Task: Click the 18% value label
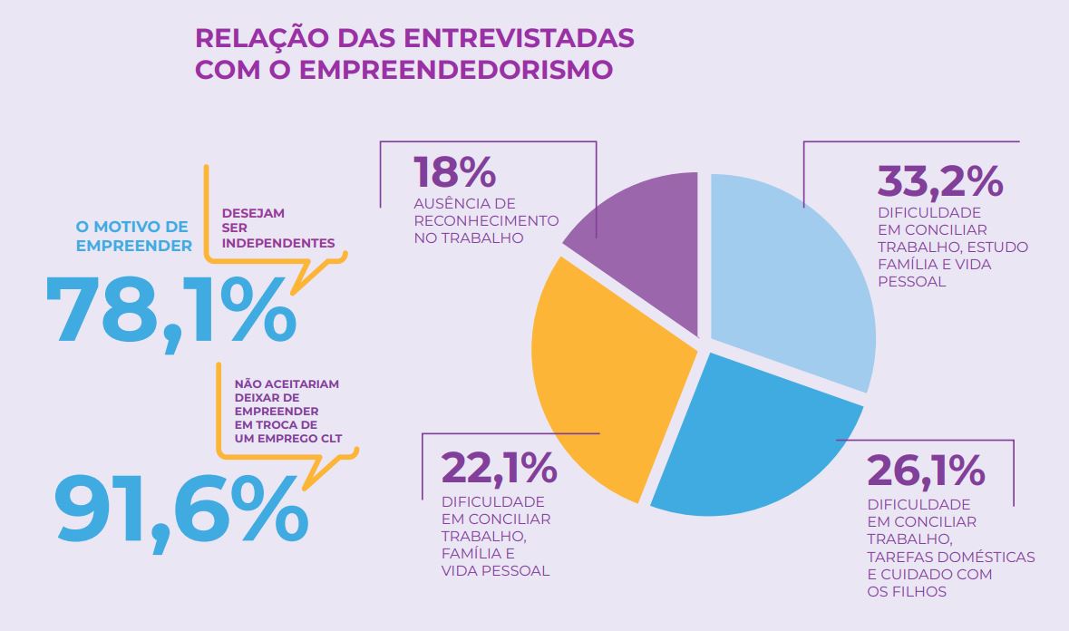[454, 172]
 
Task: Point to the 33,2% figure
[939, 181]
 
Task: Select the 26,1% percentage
[926, 470]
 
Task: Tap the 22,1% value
[499, 468]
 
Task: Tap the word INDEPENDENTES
[278, 243]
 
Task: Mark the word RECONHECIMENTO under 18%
[486, 221]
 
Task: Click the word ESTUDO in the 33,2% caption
[1001, 247]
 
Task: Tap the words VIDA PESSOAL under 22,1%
[495, 571]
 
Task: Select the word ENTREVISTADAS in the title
[519, 39]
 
